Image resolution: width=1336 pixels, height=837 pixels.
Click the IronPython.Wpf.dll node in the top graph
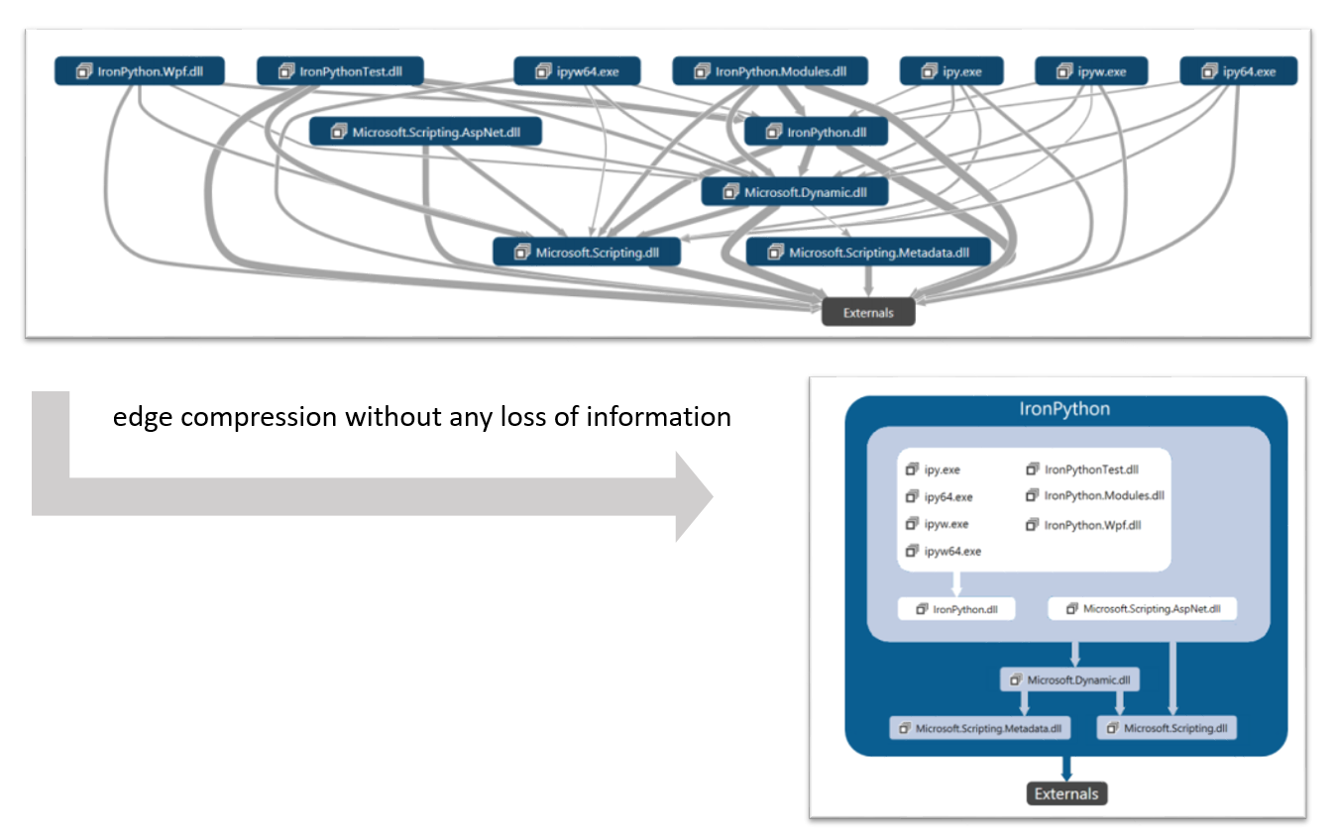(x=140, y=71)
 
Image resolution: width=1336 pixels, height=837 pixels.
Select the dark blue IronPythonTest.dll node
(x=340, y=71)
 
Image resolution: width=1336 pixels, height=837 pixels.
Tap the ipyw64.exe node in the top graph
(x=577, y=71)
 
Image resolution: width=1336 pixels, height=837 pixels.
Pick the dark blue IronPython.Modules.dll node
(x=770, y=71)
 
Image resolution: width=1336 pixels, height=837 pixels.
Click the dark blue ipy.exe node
(x=951, y=71)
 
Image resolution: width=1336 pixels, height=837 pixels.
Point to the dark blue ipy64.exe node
(x=1238, y=71)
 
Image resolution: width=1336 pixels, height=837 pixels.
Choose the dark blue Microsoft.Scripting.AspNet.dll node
(x=425, y=132)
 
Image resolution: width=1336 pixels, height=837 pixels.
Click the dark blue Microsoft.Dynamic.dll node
(x=795, y=192)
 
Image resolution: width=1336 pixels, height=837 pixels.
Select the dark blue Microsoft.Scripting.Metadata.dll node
(x=869, y=253)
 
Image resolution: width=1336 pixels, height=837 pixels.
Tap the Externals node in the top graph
(x=868, y=313)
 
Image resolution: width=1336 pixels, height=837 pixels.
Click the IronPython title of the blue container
(x=1065, y=409)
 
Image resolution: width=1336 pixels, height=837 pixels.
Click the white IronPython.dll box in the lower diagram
(x=956, y=609)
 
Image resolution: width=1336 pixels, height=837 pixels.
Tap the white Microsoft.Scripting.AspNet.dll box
(x=1143, y=609)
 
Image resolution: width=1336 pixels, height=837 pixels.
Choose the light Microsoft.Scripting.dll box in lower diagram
(x=1167, y=728)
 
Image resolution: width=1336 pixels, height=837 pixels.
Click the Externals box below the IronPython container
(x=1066, y=793)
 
